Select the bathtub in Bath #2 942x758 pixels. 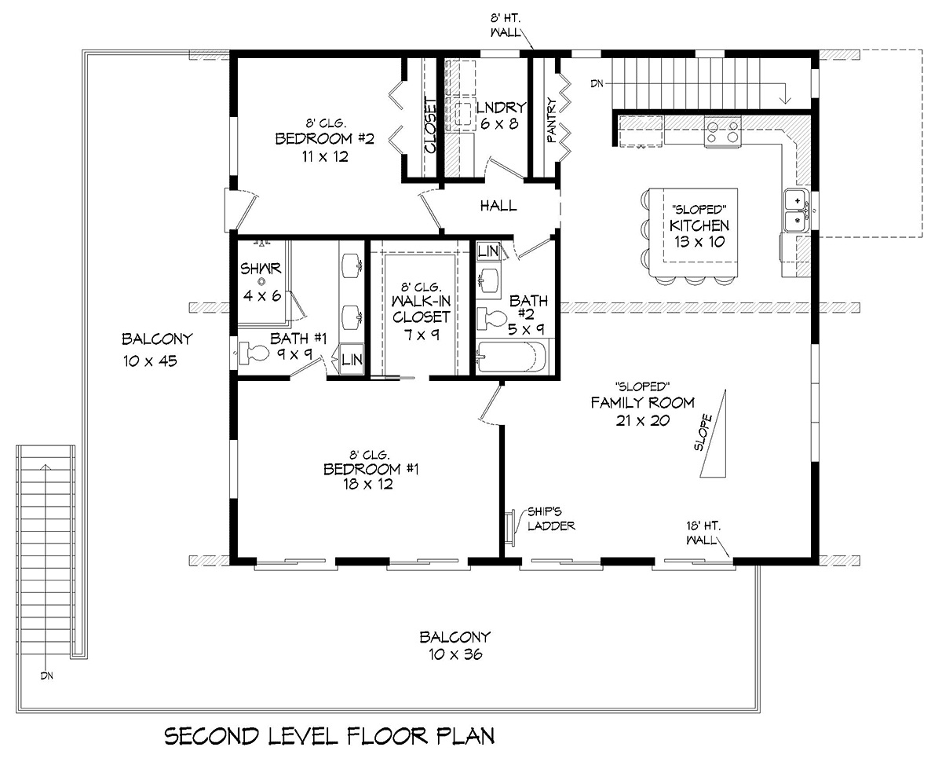click(512, 357)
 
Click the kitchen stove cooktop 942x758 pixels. click(722, 132)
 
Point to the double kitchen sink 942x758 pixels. click(797, 211)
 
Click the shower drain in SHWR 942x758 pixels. click(261, 282)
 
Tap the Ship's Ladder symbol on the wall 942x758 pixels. click(510, 529)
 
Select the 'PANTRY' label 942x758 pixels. click(552, 120)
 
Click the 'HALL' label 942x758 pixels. click(498, 206)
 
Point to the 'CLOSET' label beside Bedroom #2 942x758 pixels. click(430, 126)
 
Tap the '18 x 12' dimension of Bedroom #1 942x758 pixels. click(368, 484)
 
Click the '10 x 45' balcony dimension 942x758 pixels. click(150, 361)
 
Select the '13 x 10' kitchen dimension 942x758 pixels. click(699, 241)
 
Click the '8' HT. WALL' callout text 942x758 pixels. click(506, 25)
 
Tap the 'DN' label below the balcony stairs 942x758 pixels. click(47, 676)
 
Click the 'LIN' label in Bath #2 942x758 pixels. click(488, 251)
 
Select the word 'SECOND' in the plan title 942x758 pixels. click(211, 736)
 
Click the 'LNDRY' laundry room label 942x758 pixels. click(501, 108)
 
